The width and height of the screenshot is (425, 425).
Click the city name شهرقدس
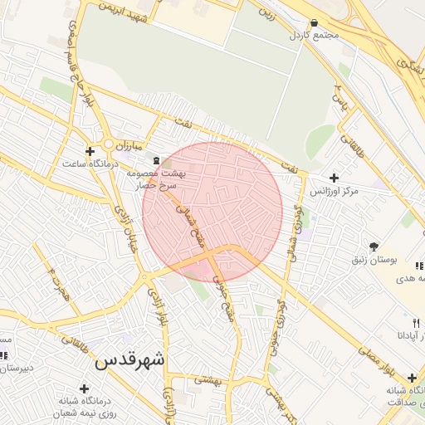point(129,360)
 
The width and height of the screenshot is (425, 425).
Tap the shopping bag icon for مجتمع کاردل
point(314,23)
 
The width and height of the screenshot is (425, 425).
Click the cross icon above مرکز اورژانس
point(334,178)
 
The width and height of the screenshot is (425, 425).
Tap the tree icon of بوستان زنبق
point(374,247)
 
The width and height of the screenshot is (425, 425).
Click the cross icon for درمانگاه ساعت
point(90,151)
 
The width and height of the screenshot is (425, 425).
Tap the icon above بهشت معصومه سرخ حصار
point(156,158)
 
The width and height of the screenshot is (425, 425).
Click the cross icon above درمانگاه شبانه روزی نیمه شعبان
point(83,388)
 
